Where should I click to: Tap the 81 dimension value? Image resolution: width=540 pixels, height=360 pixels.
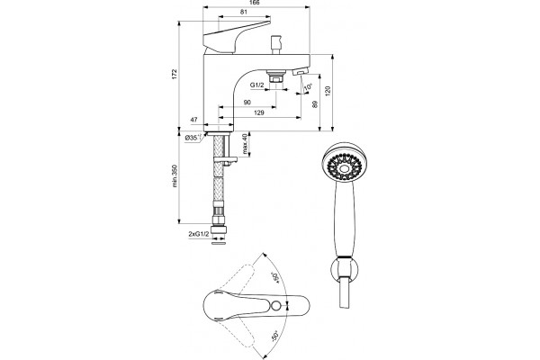244,12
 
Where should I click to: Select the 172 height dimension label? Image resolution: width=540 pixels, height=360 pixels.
175,75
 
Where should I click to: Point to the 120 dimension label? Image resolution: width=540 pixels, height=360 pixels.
328,91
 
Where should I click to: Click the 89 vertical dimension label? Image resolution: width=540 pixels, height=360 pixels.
315,104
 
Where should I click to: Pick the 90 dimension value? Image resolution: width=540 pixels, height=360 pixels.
247,103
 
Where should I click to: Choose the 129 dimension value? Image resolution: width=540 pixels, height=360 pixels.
258,112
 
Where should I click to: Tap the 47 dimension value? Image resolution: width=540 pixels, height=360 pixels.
193,120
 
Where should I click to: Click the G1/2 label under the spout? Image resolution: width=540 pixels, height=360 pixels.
256,85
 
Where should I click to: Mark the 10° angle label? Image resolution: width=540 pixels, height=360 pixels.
308,87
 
